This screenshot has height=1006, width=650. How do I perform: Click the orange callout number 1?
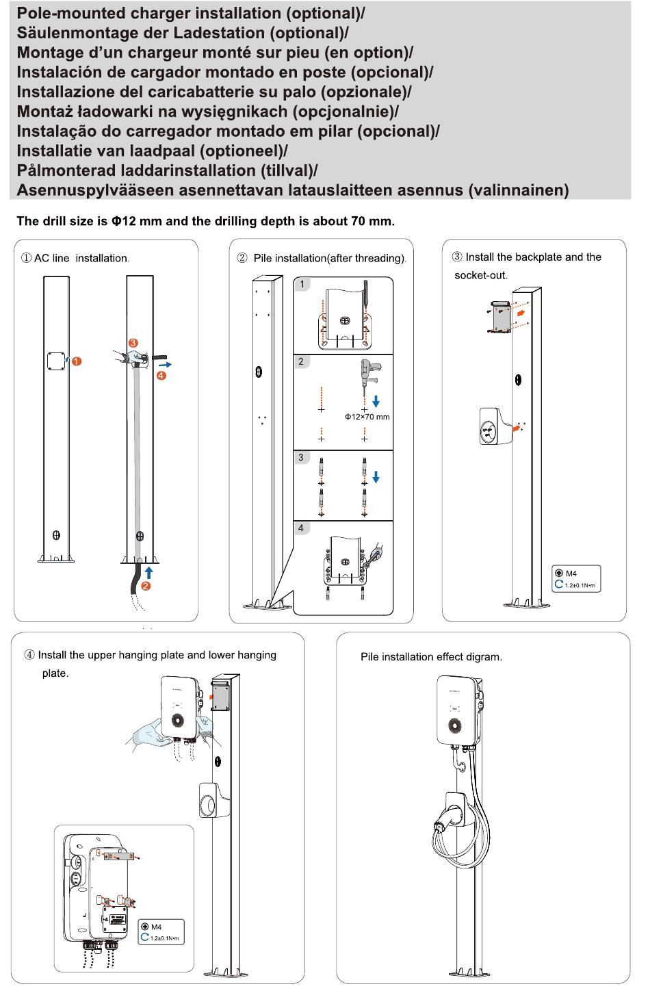pyautogui.click(x=77, y=361)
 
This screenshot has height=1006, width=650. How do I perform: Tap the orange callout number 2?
pyautogui.click(x=146, y=586)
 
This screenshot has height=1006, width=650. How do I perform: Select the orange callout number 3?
pyautogui.click(x=133, y=343)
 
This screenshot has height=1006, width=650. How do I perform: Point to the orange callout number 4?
pyautogui.click(x=161, y=375)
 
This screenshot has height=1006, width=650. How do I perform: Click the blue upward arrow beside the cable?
pyautogui.click(x=149, y=573)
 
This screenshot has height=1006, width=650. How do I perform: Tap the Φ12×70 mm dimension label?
pyautogui.click(x=367, y=417)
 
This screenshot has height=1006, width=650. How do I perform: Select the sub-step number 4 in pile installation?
pyautogui.click(x=301, y=528)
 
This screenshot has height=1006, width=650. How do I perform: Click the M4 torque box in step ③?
pyautogui.click(x=576, y=579)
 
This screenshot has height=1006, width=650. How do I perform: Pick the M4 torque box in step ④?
pyautogui.click(x=161, y=932)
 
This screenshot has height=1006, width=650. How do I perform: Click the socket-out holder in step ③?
pyautogui.click(x=495, y=426)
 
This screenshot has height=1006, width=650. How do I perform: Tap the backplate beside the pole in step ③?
pyautogui.click(x=501, y=317)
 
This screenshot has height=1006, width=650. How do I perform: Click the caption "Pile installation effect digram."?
pyautogui.click(x=431, y=657)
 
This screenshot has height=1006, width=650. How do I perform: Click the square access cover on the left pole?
pyautogui.click(x=57, y=361)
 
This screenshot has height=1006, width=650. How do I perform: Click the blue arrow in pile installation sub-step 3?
pyautogui.click(x=376, y=476)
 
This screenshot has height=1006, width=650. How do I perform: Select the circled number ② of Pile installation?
pyautogui.click(x=242, y=258)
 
